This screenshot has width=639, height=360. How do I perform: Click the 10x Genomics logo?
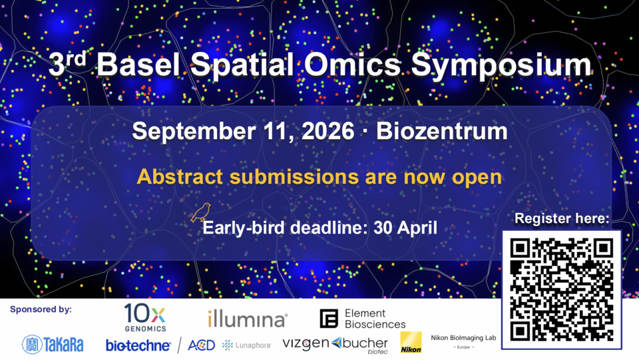[x=144, y=317]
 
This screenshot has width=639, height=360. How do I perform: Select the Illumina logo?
[x=247, y=319]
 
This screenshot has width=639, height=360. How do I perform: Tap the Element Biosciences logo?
[x=363, y=319]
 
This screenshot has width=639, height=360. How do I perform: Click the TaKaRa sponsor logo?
[x=53, y=343]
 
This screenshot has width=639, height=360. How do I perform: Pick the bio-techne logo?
[x=138, y=345]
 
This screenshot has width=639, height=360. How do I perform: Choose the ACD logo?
[x=201, y=345]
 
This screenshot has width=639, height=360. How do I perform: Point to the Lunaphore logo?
[x=247, y=345]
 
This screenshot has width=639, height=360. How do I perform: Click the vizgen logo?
[x=306, y=343]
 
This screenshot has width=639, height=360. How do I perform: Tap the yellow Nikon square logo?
[x=411, y=342]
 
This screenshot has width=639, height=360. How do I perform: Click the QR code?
[x=561, y=289]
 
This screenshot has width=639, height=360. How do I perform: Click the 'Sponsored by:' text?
[x=41, y=309]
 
